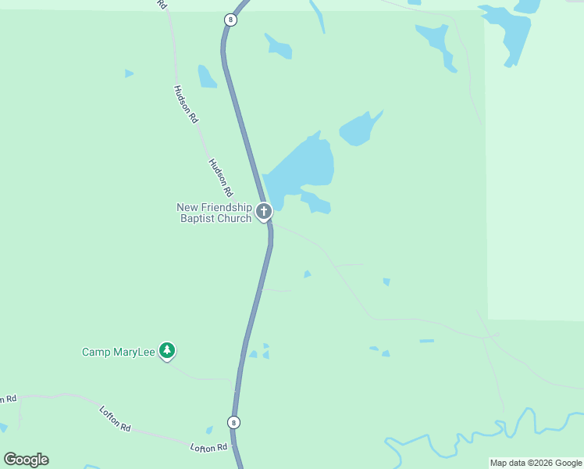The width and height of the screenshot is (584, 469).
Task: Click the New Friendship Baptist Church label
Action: click(x=214, y=213)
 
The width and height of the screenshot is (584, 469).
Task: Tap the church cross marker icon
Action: click(x=264, y=211)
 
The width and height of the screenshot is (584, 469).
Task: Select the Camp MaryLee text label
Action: click(x=118, y=352)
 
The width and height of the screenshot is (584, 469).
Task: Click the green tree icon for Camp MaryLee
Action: click(x=166, y=351)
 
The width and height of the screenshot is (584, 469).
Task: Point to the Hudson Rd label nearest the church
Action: click(x=221, y=177)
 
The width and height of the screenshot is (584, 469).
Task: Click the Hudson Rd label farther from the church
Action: click(x=187, y=104)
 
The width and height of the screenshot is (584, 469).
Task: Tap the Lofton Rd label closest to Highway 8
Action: click(x=208, y=447)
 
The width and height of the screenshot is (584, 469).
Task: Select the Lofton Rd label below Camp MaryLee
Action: click(x=115, y=418)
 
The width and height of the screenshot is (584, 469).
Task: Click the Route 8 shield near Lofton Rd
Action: click(x=233, y=422)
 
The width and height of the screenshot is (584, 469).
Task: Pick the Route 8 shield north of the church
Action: click(x=230, y=20)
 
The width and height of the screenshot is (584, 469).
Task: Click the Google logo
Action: click(x=26, y=460)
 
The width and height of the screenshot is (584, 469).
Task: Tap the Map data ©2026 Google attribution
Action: click(x=536, y=463)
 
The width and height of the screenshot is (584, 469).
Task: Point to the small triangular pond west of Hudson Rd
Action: click(x=128, y=73)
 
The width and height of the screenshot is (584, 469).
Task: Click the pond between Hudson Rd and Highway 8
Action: click(x=206, y=77)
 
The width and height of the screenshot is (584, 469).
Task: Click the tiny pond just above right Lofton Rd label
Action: click(x=209, y=430)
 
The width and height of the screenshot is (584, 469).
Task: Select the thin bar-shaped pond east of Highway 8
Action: click(x=426, y=341)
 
